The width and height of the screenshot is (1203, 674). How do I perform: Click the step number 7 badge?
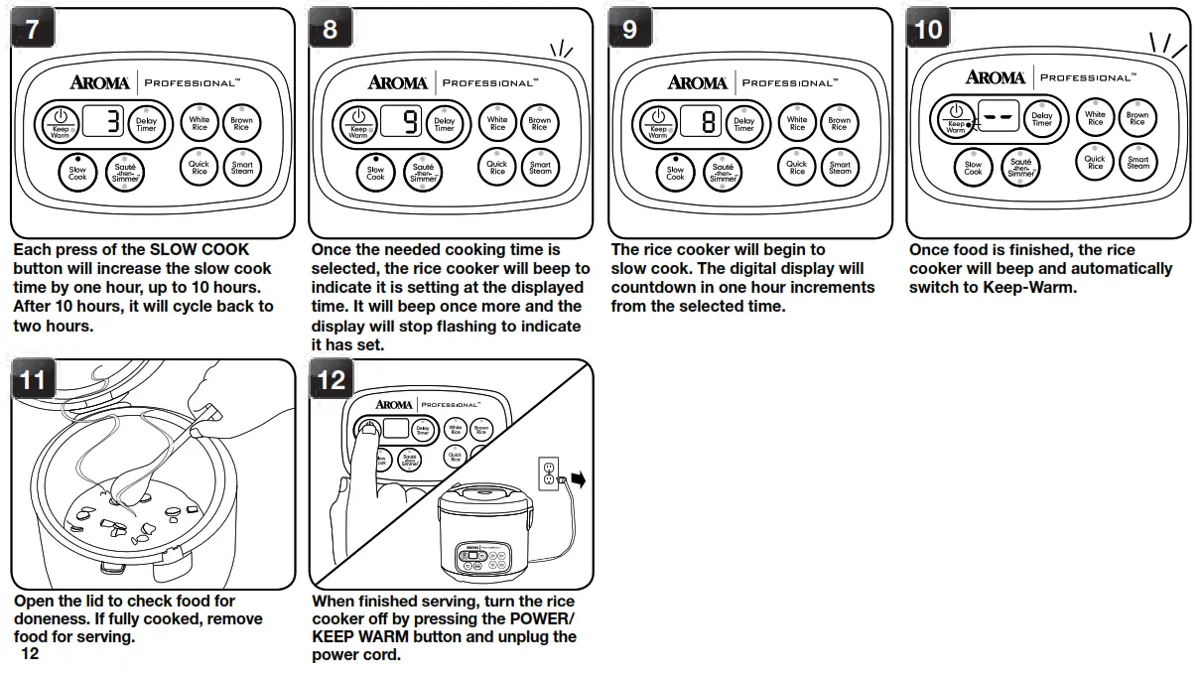coord(33,30)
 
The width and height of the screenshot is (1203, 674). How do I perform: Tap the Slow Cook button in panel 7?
coord(77,172)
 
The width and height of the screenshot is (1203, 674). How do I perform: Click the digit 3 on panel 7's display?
coord(113,123)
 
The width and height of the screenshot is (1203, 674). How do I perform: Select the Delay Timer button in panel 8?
coord(444,124)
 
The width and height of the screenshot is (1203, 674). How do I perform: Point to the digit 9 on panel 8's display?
coord(410,123)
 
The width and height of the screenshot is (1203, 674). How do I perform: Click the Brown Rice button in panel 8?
coord(539,123)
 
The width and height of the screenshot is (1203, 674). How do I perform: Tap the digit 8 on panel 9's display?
coord(709,123)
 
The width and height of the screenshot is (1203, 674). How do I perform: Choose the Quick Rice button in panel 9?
coord(797,167)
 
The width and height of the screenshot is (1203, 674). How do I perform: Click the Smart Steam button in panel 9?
coord(840,167)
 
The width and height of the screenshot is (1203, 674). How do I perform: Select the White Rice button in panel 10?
coord(1095,117)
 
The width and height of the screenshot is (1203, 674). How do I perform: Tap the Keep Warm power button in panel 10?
coord(955,119)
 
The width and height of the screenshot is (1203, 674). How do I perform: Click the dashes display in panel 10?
coord(999,117)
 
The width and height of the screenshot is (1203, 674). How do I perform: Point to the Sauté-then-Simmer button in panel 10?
coord(1021,167)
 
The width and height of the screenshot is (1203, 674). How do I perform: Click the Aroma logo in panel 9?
coord(697,83)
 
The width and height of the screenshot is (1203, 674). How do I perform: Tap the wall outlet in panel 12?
coord(547,473)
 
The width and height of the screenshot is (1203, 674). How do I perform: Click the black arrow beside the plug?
coord(580,480)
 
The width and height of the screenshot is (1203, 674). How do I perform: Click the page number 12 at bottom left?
coord(29,654)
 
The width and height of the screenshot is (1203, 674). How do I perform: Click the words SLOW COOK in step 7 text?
coord(199,249)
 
